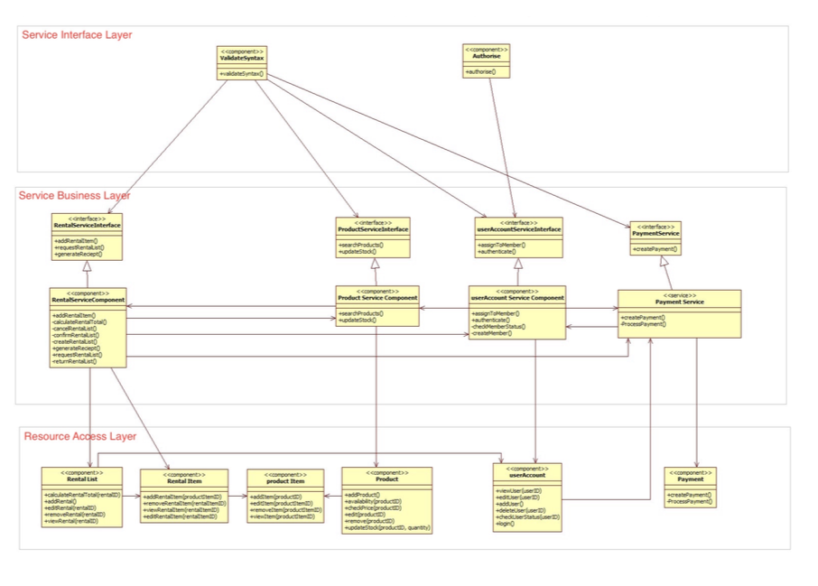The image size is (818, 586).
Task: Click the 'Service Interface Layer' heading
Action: [77, 35]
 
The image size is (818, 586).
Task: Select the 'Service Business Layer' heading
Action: [75, 195]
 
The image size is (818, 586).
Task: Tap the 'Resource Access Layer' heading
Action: [79, 436]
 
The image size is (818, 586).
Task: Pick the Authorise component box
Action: [486, 60]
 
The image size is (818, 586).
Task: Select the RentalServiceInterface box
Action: [87, 237]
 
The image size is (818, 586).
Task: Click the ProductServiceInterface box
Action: [374, 236]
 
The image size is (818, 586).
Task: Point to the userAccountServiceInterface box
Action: [518, 237]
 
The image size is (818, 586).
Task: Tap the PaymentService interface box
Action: [655, 238]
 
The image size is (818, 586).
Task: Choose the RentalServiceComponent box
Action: [88, 327]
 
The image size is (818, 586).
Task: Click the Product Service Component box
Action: [377, 306]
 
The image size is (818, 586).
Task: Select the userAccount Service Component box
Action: [517, 312]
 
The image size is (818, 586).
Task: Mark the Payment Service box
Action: [679, 313]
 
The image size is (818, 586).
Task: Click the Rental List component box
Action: [82, 497]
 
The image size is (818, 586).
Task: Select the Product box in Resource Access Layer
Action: [386, 500]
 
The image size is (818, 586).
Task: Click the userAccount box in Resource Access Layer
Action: [527, 497]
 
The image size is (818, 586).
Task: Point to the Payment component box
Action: [690, 487]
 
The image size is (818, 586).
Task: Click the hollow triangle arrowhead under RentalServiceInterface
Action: [88, 266]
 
